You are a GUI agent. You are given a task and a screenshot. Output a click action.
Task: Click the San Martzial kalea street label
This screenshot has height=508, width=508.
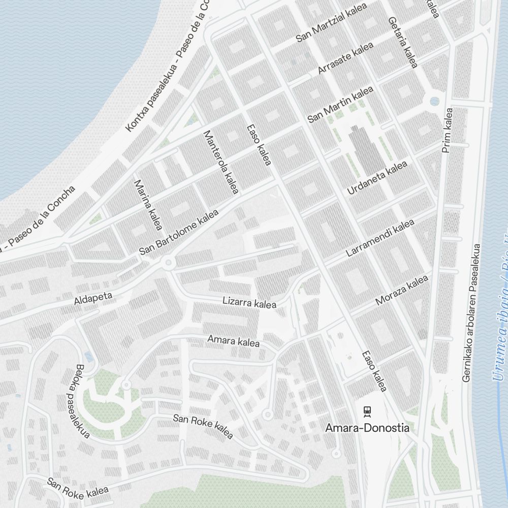(331, 25)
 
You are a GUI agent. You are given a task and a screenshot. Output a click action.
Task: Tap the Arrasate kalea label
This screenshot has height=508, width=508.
(345, 58)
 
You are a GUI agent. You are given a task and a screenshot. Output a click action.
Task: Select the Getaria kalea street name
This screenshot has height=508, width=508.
(402, 43)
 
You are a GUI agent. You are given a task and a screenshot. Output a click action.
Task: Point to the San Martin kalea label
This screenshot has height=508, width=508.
(340, 104)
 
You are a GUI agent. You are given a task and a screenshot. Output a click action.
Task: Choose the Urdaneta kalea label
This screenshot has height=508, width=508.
(377, 178)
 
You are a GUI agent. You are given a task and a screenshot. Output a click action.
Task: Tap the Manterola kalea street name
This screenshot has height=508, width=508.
(221, 162)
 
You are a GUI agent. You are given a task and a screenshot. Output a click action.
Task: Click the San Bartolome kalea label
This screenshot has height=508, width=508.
(179, 232)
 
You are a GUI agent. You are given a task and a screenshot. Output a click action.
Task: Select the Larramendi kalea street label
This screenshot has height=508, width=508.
(380, 238)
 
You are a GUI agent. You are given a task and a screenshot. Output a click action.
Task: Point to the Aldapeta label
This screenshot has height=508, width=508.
(93, 299)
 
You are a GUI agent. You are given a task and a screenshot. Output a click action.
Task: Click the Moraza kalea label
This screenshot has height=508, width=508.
(402, 290)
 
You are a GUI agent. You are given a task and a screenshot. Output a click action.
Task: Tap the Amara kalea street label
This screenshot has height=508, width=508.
(233, 340)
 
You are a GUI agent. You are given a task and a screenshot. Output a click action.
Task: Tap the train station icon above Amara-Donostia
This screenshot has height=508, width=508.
(367, 411)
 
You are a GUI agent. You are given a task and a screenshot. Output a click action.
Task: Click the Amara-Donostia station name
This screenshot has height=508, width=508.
(367, 428)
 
